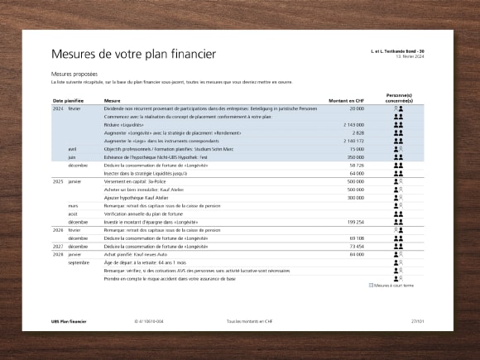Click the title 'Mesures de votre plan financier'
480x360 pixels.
(133, 55)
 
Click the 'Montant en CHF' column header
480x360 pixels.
(346, 100)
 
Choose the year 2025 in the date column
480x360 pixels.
(58, 180)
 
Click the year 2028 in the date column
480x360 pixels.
(58, 254)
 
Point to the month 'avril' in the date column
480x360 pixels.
(73, 149)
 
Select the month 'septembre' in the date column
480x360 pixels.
(79, 262)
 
